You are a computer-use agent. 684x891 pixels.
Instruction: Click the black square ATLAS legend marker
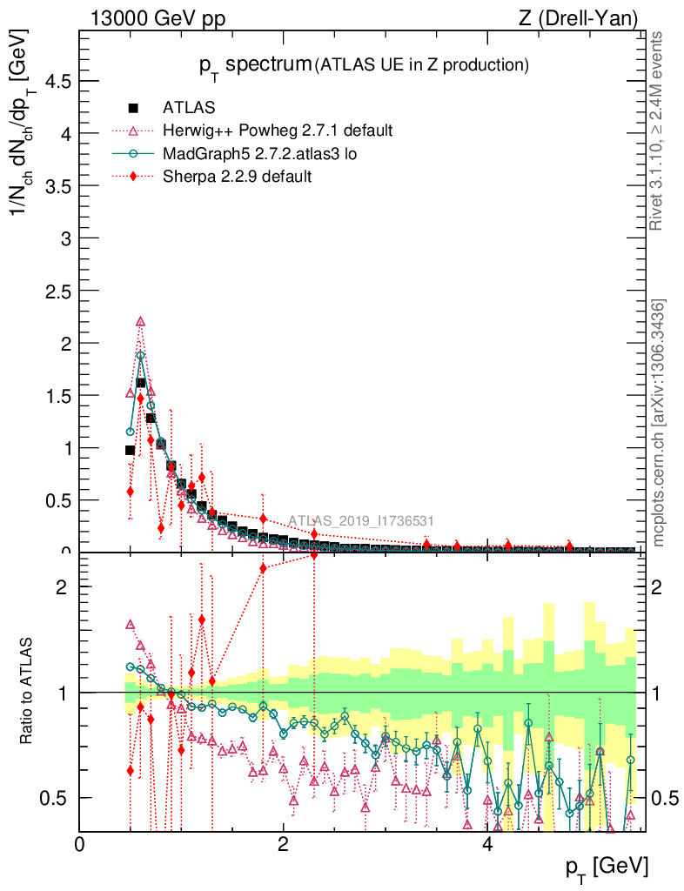pyautogui.click(x=133, y=108)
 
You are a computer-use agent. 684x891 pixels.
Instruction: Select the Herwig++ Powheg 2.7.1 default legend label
pyautogui.click(x=278, y=131)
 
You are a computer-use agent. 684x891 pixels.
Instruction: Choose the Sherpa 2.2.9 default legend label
pyautogui.click(x=238, y=176)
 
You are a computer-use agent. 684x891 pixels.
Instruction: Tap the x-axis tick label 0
pyautogui.click(x=79, y=845)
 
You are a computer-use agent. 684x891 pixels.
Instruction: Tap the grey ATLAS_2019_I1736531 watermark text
pyautogui.click(x=360, y=521)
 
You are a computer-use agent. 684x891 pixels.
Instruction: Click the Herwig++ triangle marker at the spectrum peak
pyautogui.click(x=140, y=322)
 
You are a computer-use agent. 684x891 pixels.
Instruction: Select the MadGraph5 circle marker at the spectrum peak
pyautogui.click(x=140, y=355)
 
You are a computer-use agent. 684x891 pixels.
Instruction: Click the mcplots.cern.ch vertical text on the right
pyautogui.click(x=659, y=424)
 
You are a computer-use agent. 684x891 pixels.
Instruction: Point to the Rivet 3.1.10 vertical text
pyautogui.click(x=659, y=131)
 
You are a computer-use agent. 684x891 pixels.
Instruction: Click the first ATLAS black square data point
pyautogui.click(x=130, y=450)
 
